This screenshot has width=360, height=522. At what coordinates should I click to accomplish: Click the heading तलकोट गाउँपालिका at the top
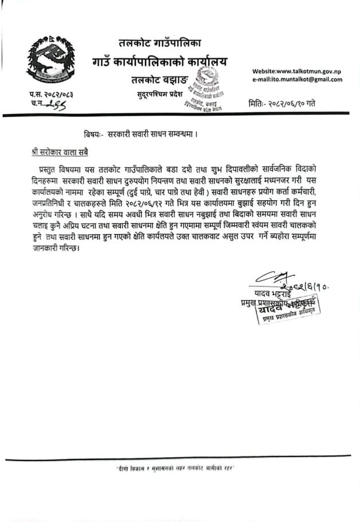[x=161, y=42]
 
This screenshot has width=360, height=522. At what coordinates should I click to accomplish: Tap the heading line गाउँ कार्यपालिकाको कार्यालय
[x=159, y=60]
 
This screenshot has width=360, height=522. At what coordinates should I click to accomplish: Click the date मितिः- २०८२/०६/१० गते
[x=281, y=104]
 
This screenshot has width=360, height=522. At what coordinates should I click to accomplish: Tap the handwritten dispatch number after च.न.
[x=58, y=103]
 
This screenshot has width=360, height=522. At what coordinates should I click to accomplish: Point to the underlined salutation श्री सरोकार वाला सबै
[x=60, y=153]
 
